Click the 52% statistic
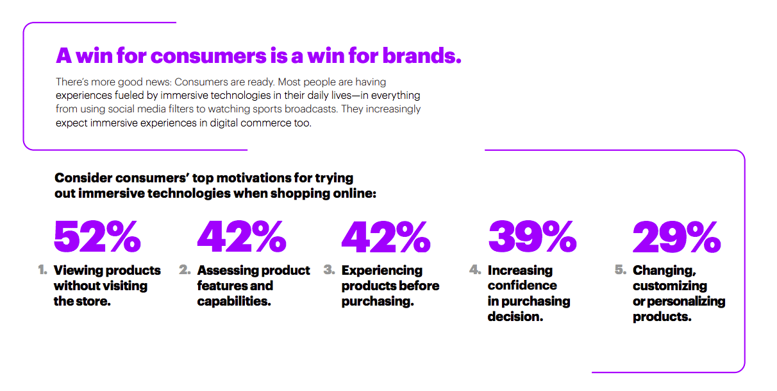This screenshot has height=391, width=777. point(97,237)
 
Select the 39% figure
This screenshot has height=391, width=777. point(533,237)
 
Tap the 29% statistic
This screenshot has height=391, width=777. point(677,237)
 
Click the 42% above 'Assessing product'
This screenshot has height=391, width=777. point(242,237)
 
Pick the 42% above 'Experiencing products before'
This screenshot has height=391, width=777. point(386,237)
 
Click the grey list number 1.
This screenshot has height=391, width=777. point(42,270)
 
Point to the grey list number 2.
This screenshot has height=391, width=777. point(185,270)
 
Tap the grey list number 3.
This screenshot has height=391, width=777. point(329,270)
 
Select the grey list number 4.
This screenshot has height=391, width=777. point(475,270)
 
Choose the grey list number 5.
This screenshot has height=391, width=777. point(621,270)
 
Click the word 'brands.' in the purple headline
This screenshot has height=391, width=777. point(422,56)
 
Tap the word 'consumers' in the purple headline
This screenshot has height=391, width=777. point(208,56)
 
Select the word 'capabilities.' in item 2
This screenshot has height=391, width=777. point(234,301)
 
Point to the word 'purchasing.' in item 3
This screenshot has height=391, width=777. point(378,302)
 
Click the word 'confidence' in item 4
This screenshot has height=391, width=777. point(522,286)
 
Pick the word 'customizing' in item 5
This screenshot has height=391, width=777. point(670,286)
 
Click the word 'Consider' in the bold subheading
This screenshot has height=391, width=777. point(83,178)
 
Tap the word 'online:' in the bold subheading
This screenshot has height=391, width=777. point(355,193)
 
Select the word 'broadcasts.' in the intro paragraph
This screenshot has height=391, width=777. point(311,109)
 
